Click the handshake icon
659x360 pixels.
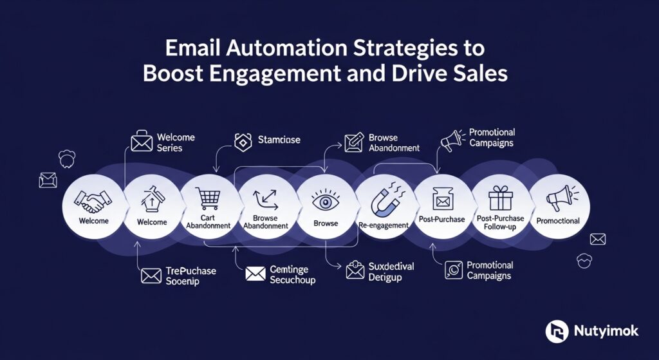pos(91,200)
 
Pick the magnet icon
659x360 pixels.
pos(384,201)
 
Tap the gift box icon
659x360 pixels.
pos(500,198)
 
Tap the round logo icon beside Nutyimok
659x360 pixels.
pos(557,332)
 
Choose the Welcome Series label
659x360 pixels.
pos(176,142)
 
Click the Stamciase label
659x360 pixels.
pos(279,139)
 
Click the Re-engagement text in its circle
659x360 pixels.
pos(384,225)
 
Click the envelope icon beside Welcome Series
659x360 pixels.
pos(142,142)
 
